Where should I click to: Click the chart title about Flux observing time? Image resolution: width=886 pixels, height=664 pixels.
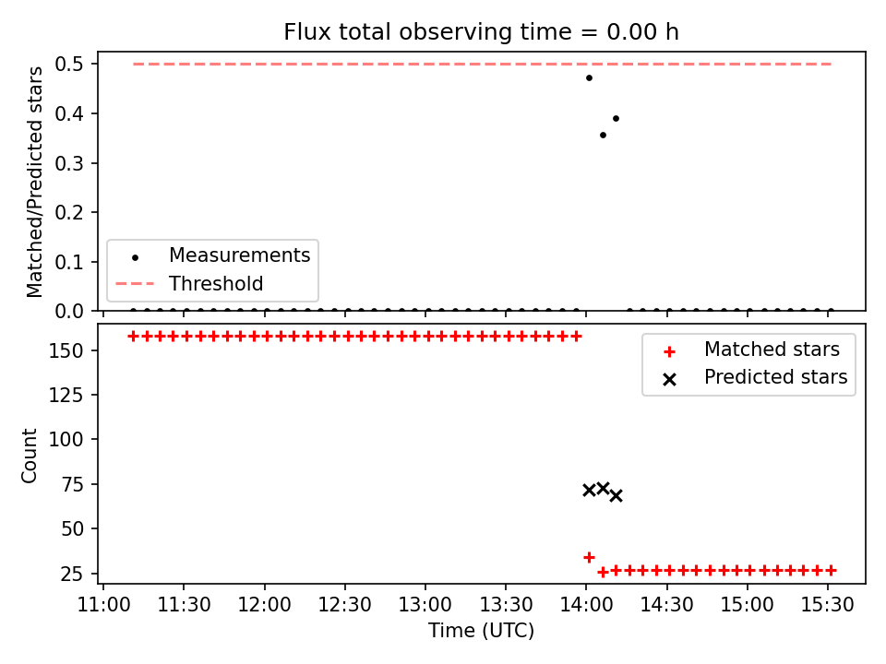tap(481, 32)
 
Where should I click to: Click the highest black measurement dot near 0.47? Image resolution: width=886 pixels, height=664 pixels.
tap(589, 77)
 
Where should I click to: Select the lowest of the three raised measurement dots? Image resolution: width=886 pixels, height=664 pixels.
tap(603, 135)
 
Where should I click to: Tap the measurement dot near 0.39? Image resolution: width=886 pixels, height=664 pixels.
tap(616, 119)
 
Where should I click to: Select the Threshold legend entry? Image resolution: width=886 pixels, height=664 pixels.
tap(190, 283)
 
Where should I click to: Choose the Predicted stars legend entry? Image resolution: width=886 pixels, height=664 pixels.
tap(756, 377)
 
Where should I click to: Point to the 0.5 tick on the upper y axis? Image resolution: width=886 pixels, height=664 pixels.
tap(69, 64)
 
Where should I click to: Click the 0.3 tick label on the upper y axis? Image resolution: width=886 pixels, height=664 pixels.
tap(69, 163)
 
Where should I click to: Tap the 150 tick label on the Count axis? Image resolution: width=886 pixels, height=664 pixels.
tap(66, 350)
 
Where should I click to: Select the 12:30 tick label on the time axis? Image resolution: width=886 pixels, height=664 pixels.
tap(344, 605)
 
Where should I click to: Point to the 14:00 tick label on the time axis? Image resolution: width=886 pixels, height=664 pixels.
tap(586, 605)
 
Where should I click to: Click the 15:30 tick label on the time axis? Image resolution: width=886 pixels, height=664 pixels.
tap(828, 605)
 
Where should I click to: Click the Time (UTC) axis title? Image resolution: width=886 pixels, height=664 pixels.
tap(481, 631)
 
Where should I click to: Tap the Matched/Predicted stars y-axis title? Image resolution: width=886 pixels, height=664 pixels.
tap(34, 182)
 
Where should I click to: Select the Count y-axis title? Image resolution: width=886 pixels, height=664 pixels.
tap(29, 455)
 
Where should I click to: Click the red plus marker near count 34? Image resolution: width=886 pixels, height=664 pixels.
tap(589, 557)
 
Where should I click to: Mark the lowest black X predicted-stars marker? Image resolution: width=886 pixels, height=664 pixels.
tap(616, 496)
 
